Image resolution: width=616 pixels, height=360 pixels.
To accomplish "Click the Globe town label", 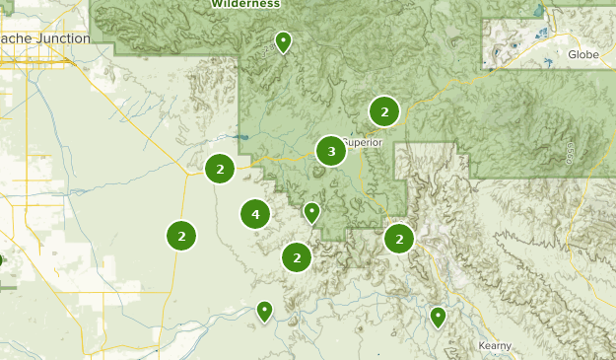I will point(583,54).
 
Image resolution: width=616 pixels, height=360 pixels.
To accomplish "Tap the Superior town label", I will point(362,142).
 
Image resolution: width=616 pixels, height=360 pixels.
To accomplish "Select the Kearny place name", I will point(494,345).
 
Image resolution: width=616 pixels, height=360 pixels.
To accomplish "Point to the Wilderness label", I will point(245,4).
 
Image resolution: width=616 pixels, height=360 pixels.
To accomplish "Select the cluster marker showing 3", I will point(331,151).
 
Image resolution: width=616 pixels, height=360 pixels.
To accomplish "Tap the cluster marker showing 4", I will point(255,213).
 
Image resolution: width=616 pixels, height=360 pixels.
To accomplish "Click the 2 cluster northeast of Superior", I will point(383,111).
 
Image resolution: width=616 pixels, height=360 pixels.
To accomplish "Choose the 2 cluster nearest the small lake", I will point(220,169).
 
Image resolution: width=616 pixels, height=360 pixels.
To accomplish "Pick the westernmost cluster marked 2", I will point(181,236).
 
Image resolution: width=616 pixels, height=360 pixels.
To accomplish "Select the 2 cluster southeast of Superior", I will point(399,239).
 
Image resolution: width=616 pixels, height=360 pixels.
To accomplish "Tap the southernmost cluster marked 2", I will point(297,257).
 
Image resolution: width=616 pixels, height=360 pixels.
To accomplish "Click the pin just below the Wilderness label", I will point(283,42).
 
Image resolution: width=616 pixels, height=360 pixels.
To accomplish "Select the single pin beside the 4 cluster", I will point(311,212).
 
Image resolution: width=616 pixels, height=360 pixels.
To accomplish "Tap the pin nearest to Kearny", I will point(438,317).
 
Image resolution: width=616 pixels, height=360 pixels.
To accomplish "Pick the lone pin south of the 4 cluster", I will point(264,311).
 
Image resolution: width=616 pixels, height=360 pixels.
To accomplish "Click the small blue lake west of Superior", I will point(242,137).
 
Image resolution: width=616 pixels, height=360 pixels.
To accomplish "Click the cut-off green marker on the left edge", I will point(1,261).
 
